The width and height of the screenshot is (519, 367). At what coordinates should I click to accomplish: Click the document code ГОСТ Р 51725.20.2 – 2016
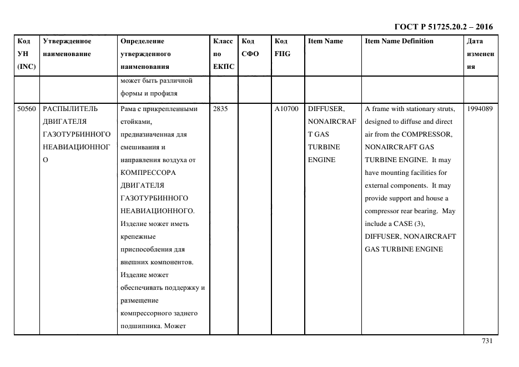pyautogui.click(x=443, y=27)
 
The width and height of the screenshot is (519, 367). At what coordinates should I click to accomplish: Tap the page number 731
pyautogui.click(x=487, y=341)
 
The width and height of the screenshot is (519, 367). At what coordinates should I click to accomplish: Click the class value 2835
pyautogui.click(x=220, y=109)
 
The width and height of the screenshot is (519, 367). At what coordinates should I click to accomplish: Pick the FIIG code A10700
pyautogui.click(x=286, y=109)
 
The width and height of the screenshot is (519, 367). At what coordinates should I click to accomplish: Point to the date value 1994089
pyautogui.click(x=480, y=109)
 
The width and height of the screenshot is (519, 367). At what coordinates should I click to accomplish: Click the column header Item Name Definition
pyautogui.click(x=399, y=41)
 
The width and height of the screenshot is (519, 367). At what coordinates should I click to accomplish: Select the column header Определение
pyautogui.click(x=142, y=41)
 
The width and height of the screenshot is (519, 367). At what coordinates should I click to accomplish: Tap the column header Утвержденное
pyautogui.click(x=67, y=41)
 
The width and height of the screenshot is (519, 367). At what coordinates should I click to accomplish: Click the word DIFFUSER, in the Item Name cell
pyautogui.click(x=326, y=109)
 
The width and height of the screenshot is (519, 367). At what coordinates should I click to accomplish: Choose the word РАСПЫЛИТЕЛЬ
pyautogui.click(x=70, y=109)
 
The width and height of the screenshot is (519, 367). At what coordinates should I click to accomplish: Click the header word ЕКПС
pyautogui.click(x=224, y=67)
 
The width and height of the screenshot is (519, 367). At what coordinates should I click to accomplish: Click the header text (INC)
pyautogui.click(x=26, y=67)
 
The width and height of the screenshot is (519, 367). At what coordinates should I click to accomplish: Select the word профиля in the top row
pyautogui.click(x=164, y=93)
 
